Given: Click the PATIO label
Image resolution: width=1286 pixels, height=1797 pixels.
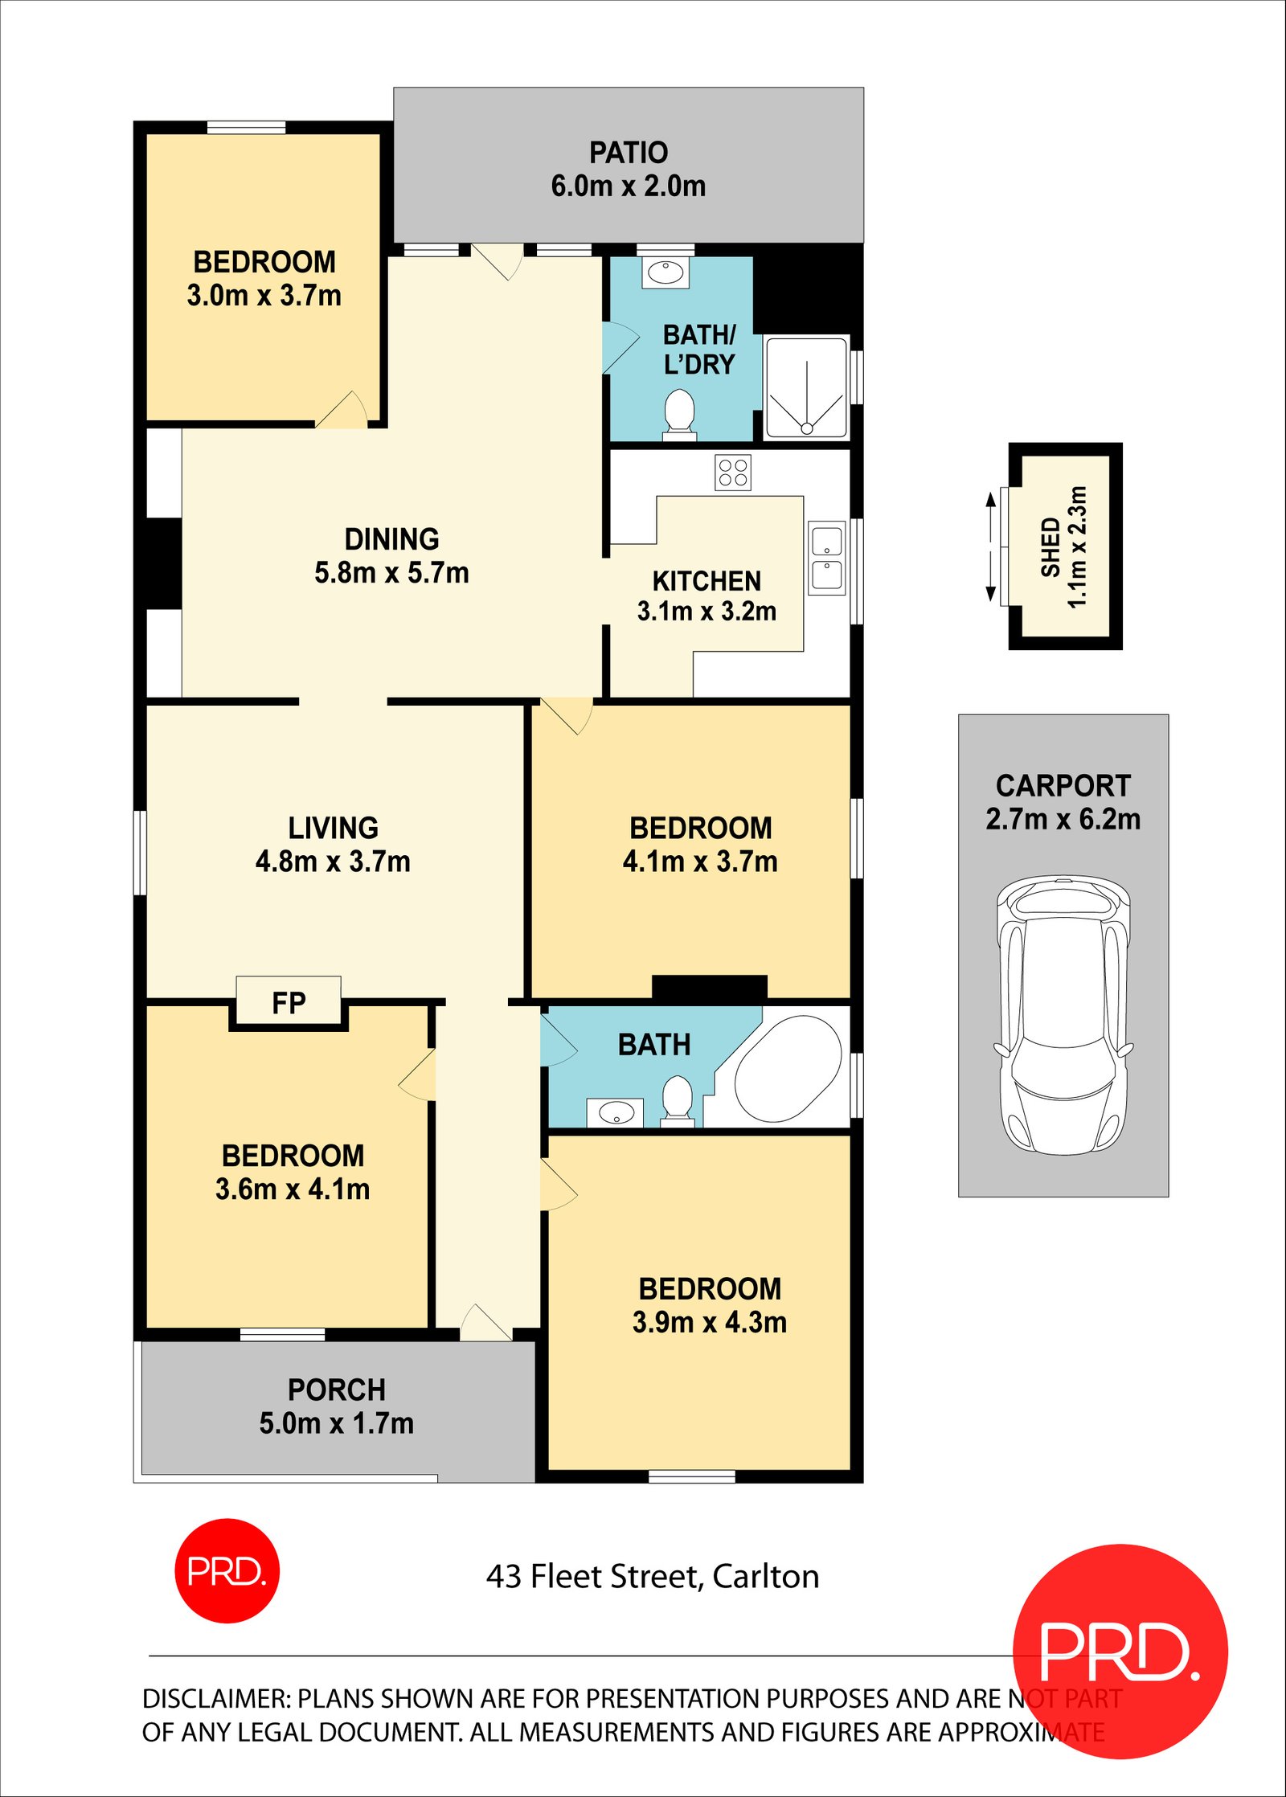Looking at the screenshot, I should pyautogui.click(x=628, y=153).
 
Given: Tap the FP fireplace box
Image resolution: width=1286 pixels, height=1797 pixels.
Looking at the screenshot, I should pyautogui.click(x=289, y=1002).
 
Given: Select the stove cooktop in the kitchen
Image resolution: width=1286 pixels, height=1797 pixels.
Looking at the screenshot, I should pyautogui.click(x=732, y=472).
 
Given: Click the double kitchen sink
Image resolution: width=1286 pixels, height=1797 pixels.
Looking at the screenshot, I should pyautogui.click(x=826, y=558).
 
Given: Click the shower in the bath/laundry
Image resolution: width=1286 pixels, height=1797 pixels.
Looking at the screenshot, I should pyautogui.click(x=806, y=388).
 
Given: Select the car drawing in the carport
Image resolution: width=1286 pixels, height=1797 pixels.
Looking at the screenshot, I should pyautogui.click(x=1063, y=1016).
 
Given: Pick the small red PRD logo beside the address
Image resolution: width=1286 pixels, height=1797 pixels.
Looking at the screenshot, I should pyautogui.click(x=227, y=1570).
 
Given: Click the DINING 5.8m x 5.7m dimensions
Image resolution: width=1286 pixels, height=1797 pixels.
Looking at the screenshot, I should pyautogui.click(x=391, y=572).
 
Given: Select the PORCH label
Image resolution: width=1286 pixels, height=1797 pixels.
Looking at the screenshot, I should pyautogui.click(x=336, y=1390).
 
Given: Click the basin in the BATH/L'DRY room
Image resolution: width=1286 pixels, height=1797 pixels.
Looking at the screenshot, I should pyautogui.click(x=666, y=272).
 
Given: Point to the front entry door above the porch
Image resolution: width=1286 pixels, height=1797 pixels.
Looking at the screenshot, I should pyautogui.click(x=485, y=1324).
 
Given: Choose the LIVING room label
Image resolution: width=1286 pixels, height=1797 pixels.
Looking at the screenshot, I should pyautogui.click(x=333, y=828).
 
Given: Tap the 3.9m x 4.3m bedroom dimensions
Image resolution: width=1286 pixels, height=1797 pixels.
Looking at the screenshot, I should pyautogui.click(x=709, y=1322).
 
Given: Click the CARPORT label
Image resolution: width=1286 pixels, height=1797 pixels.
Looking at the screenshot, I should pyautogui.click(x=1063, y=785).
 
